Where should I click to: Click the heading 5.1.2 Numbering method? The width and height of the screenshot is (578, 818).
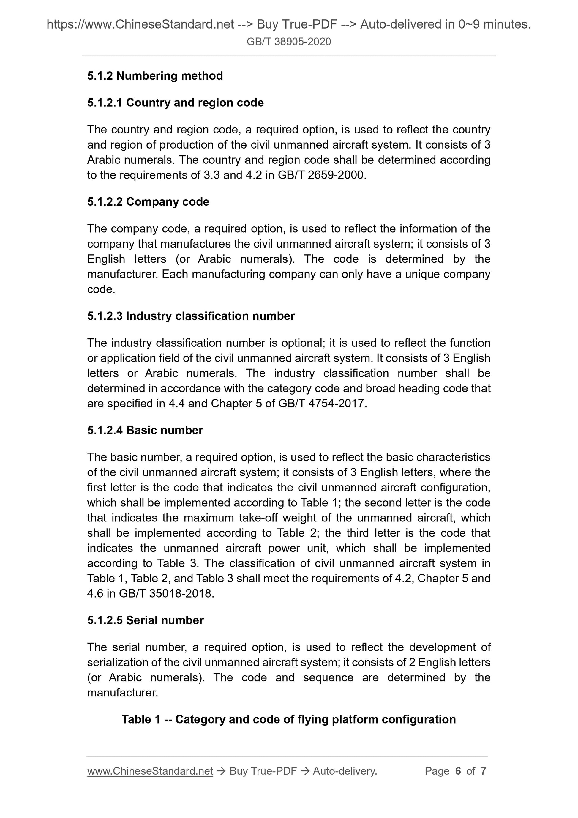(x=155, y=76)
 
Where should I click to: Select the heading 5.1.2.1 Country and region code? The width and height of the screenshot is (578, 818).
(x=175, y=103)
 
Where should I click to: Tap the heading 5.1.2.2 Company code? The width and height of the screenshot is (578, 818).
(x=148, y=202)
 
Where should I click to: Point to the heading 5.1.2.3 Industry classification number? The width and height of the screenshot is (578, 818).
(x=191, y=316)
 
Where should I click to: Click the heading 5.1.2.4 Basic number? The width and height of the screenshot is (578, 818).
(x=145, y=430)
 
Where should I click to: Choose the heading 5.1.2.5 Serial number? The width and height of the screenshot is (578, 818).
(x=145, y=620)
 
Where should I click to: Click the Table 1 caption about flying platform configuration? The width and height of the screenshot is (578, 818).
(x=289, y=719)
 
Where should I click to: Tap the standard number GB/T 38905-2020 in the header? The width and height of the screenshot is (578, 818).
(x=289, y=42)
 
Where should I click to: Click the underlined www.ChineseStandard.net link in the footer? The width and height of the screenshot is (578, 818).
(x=150, y=771)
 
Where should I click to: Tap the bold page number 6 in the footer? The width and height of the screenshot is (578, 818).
(x=458, y=771)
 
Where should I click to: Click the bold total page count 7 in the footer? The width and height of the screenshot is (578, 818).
(x=483, y=771)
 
